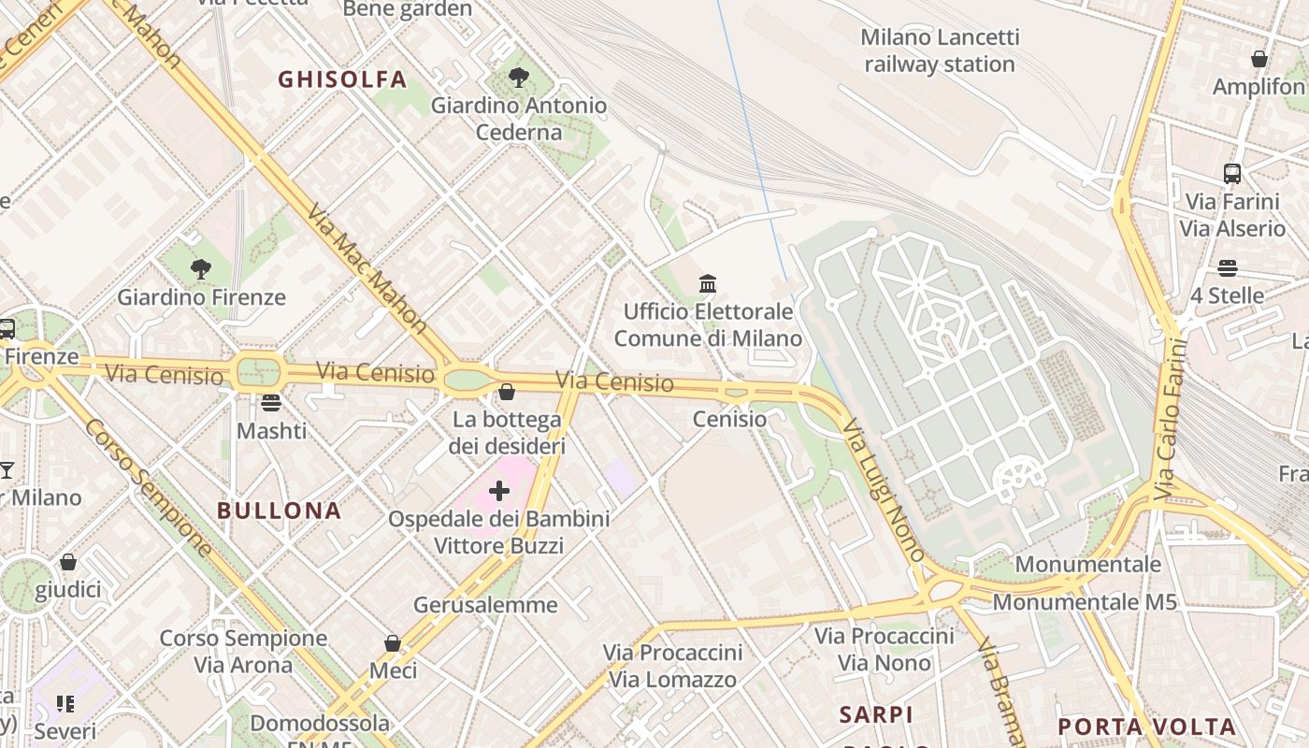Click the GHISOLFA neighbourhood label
click(x=342, y=79)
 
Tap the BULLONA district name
click(x=279, y=511)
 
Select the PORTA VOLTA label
click(x=1146, y=726)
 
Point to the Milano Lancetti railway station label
click(x=940, y=50)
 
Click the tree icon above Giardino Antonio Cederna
click(x=519, y=78)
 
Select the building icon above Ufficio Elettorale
click(x=708, y=283)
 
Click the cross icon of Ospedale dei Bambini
click(x=499, y=491)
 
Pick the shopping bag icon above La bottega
click(x=507, y=391)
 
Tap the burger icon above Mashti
click(x=271, y=403)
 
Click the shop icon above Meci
click(x=393, y=643)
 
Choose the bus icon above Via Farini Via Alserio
click(x=1231, y=173)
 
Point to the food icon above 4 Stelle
click(x=1227, y=268)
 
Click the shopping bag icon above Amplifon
click(x=1259, y=59)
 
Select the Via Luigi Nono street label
click(x=883, y=490)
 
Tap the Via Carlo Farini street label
click(x=1170, y=418)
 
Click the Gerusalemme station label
click(x=485, y=605)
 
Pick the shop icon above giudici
click(x=68, y=562)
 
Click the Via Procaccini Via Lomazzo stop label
click(x=672, y=666)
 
